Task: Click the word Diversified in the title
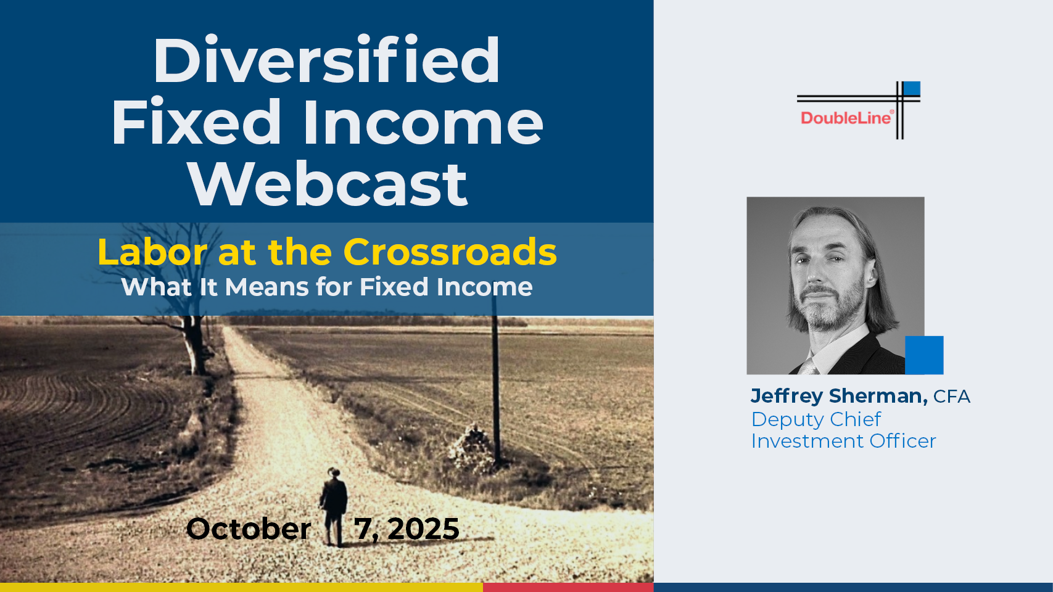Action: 327,60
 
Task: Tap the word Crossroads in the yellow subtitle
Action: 450,252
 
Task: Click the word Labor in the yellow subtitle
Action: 152,252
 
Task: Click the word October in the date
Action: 249,529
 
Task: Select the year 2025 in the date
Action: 423,529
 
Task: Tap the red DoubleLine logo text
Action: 845,117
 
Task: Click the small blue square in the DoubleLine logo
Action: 912,88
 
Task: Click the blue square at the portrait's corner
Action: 924,355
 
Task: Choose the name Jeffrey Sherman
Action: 839,396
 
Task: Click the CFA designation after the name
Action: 951,397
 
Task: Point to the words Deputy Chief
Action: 816,419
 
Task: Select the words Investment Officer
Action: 844,441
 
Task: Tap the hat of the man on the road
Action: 334,472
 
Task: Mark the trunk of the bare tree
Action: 195,345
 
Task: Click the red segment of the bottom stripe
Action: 568,587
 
